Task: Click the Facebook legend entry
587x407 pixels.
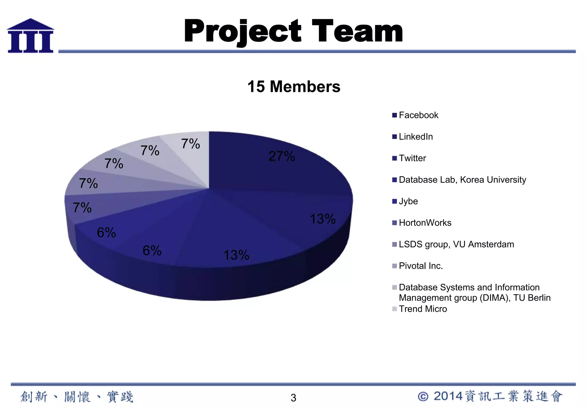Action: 418,115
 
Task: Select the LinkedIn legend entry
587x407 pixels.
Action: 416,137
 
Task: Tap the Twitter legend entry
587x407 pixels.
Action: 412,158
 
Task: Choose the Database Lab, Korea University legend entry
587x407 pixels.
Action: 462,180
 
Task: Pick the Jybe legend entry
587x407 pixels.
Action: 408,201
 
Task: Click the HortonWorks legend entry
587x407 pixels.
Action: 425,223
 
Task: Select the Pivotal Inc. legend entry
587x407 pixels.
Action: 420,266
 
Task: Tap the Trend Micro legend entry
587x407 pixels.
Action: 422,309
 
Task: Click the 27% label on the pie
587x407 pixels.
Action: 282,156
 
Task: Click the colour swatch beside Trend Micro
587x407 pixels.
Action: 394,309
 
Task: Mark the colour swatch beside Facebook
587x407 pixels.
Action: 394,115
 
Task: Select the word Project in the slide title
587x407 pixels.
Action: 242,32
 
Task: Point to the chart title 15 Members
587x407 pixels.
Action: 294,86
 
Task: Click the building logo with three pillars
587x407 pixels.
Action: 30,36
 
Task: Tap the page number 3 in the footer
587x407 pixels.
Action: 293,398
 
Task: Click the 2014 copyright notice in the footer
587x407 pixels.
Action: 490,396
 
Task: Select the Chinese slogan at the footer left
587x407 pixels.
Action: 77,397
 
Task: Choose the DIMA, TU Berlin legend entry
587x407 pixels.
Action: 474,292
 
